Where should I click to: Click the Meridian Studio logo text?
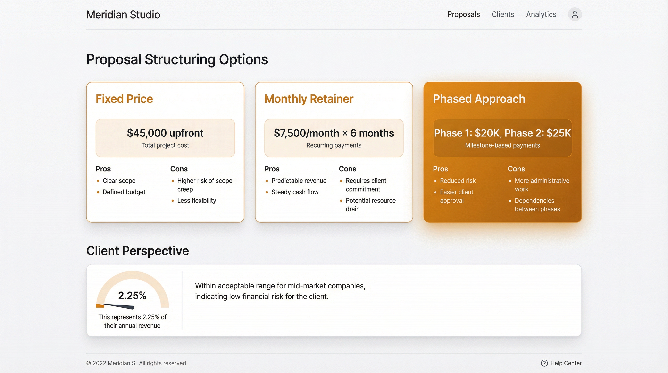point(123,15)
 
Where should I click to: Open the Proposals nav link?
point(463,14)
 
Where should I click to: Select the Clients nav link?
point(502,14)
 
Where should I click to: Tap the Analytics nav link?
point(541,14)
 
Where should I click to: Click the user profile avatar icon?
point(575,14)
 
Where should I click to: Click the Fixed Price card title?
point(124,99)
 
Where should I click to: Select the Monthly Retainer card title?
point(309,99)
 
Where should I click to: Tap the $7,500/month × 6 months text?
point(334,133)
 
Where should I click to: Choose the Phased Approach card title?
point(479,99)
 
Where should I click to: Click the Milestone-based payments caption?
point(502,145)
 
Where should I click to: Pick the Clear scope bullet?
point(119,181)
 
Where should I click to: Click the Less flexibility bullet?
point(196,201)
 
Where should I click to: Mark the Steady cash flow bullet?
point(295,192)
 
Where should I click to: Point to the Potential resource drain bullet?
point(370,205)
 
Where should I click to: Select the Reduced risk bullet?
point(458,181)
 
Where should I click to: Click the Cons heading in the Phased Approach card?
point(516,169)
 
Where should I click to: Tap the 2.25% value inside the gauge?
point(132,296)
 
